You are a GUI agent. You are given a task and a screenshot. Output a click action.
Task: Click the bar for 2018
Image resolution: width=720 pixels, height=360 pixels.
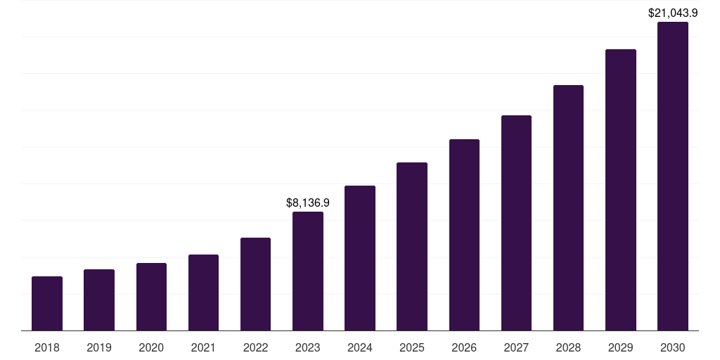click(x=47, y=304)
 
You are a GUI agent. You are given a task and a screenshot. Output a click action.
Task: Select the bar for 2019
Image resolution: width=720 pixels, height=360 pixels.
click(x=99, y=300)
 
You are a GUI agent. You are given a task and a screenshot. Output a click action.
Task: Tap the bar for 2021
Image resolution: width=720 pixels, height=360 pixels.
click(x=203, y=292)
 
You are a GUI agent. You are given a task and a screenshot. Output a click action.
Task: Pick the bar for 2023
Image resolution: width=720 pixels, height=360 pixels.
click(x=308, y=271)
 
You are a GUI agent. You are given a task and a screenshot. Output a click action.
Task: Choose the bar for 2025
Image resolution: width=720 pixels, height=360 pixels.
click(x=412, y=247)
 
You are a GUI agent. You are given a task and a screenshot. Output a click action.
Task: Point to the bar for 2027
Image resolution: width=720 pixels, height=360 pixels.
click(x=516, y=223)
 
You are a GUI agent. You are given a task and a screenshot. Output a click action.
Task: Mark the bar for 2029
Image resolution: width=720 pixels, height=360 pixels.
click(x=620, y=190)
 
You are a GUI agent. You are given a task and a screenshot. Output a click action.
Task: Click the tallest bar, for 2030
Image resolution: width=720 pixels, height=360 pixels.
click(x=672, y=176)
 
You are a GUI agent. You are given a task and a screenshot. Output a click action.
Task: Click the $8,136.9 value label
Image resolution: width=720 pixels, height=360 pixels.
click(x=308, y=202)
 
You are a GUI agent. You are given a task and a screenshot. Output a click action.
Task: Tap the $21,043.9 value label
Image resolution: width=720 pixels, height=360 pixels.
click(x=672, y=13)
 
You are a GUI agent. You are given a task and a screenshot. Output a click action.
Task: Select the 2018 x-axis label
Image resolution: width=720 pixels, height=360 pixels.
click(x=47, y=347)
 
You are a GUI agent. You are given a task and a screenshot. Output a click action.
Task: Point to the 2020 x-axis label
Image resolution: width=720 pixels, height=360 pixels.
click(x=151, y=347)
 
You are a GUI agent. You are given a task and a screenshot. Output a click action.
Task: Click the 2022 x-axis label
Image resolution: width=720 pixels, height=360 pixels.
click(x=255, y=347)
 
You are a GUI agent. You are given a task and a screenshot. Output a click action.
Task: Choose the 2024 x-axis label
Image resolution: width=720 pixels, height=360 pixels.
click(x=360, y=347)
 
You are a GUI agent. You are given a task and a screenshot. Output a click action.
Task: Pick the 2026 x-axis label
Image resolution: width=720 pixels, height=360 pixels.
click(x=464, y=347)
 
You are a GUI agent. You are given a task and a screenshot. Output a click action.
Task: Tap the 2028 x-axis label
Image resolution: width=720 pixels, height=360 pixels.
click(x=568, y=347)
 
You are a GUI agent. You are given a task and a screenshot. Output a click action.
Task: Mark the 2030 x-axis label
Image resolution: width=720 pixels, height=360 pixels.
click(x=672, y=347)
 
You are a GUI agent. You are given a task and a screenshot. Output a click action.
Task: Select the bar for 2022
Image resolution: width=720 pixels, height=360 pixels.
click(x=255, y=284)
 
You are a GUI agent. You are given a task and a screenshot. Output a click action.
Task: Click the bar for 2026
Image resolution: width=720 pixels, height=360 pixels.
click(x=464, y=235)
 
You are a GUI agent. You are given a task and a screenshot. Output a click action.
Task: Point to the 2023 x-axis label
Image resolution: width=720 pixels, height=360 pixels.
click(x=308, y=347)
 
